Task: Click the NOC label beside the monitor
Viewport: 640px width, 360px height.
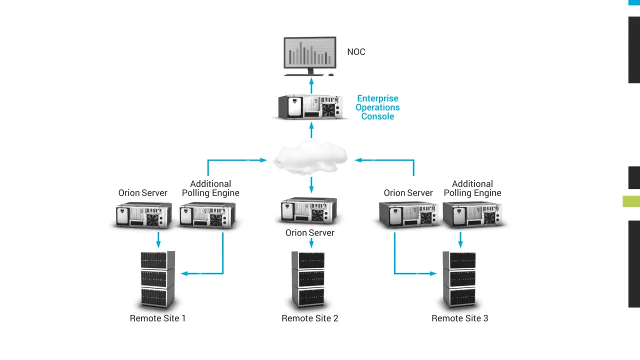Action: pyautogui.click(x=356, y=52)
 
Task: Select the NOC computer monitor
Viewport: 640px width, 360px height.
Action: pyautogui.click(x=310, y=52)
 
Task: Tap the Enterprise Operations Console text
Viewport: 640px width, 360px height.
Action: pyautogui.click(x=377, y=107)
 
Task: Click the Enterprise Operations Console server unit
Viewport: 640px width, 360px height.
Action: pyautogui.click(x=310, y=107)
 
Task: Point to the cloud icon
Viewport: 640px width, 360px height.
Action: pyautogui.click(x=310, y=158)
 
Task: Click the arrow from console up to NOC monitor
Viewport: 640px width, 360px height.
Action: pyautogui.click(x=311, y=85)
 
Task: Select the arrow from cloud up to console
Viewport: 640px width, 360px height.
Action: pyautogui.click(x=311, y=131)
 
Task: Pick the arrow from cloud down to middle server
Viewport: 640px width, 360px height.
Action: pyautogui.click(x=311, y=184)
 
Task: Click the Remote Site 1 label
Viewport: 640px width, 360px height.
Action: pyautogui.click(x=157, y=318)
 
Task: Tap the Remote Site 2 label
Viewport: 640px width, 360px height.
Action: pyautogui.click(x=310, y=318)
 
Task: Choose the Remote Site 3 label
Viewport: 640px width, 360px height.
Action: pyautogui.click(x=460, y=318)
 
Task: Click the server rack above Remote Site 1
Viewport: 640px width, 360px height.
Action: pyautogui.click(x=157, y=279)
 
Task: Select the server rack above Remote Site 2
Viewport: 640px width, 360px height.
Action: pyautogui.click(x=308, y=279)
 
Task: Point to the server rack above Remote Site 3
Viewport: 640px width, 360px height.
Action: pyautogui.click(x=459, y=279)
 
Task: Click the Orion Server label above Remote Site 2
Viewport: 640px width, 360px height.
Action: pyautogui.click(x=310, y=233)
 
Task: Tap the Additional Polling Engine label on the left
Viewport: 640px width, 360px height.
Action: pyautogui.click(x=210, y=188)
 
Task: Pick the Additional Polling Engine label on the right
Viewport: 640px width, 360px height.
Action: pyautogui.click(x=472, y=188)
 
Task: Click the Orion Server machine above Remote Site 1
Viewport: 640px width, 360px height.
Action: pyautogui.click(x=143, y=215)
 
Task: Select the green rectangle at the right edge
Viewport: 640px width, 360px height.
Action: pyautogui.click(x=631, y=201)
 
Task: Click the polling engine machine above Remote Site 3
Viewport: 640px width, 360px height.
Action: pyautogui.click(x=472, y=215)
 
